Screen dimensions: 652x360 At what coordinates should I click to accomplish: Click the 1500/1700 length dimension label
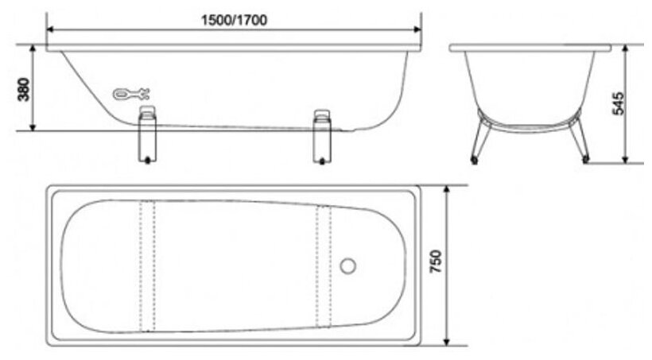(x=234, y=20)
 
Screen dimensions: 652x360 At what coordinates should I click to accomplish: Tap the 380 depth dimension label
(x=25, y=89)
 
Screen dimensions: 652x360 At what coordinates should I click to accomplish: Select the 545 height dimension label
(x=619, y=103)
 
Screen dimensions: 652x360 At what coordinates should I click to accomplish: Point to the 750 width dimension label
(x=435, y=261)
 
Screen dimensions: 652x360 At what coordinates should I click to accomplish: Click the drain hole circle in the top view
(x=347, y=265)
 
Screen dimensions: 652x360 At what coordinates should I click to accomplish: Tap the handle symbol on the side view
(x=131, y=94)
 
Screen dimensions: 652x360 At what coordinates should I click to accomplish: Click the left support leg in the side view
(x=147, y=134)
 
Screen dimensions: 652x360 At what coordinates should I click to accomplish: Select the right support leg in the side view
(x=322, y=137)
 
